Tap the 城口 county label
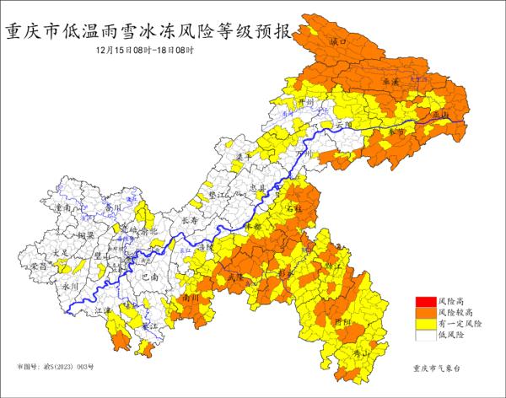(x=339, y=41)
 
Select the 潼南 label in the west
(x=62, y=207)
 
